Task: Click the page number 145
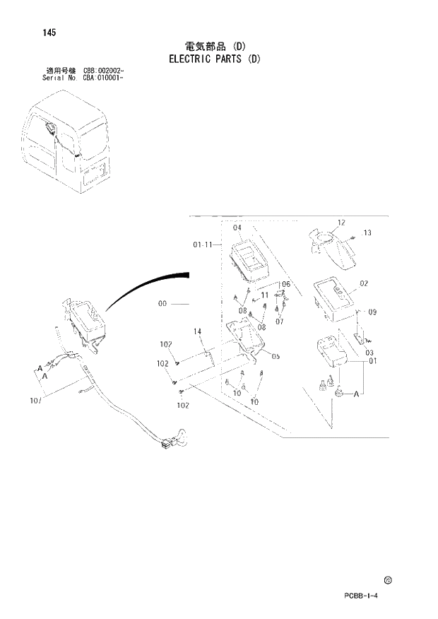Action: (49, 33)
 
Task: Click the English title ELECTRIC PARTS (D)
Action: (215, 59)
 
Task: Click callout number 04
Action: (237, 228)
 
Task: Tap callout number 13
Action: (367, 233)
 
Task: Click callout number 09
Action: (372, 312)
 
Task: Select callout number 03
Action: (369, 351)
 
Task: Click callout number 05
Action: (276, 357)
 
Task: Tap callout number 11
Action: (265, 295)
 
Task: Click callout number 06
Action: (285, 284)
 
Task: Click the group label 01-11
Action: (202, 245)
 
